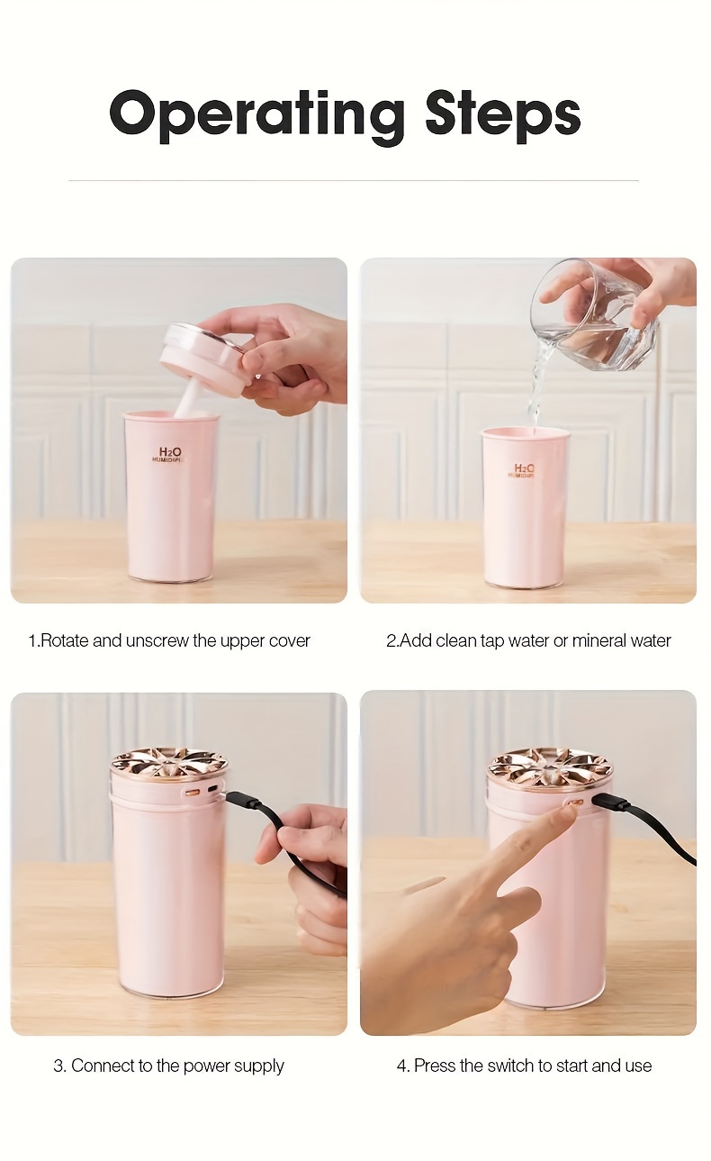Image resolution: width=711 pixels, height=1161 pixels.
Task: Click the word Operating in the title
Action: pyautogui.click(x=256, y=115)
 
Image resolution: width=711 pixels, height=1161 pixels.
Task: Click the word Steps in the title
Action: pyautogui.click(x=503, y=113)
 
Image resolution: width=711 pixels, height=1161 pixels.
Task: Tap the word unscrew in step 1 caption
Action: pyautogui.click(x=157, y=641)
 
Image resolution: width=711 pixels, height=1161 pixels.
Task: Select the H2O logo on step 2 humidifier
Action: pyautogui.click(x=524, y=469)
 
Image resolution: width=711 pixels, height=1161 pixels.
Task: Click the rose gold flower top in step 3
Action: pyautogui.click(x=169, y=764)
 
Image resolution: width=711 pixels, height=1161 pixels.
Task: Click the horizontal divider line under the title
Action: pyautogui.click(x=354, y=180)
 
